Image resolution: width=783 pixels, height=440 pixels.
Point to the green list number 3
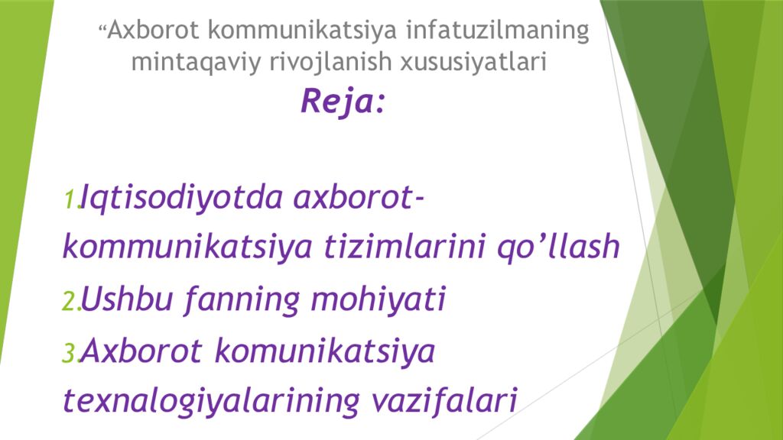[70, 353]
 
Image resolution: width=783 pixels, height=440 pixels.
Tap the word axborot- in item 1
[359, 199]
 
